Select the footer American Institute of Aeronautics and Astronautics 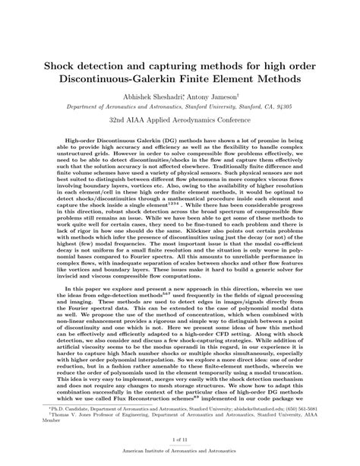tap(180, 458)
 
